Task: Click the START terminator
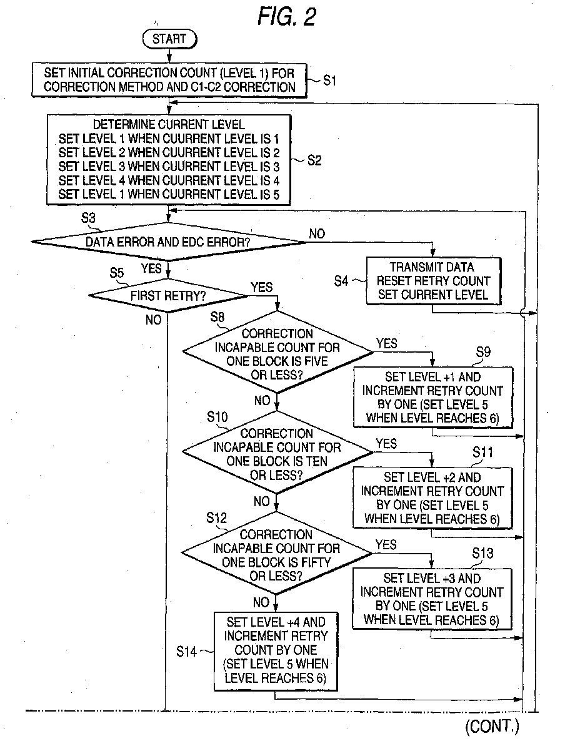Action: point(170,39)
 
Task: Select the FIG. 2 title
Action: point(287,16)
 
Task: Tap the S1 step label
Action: point(329,81)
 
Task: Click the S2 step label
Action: point(314,160)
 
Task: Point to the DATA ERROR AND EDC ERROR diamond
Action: point(168,242)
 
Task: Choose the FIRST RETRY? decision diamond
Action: point(168,295)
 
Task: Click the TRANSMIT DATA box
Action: point(433,281)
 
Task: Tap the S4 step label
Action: point(341,281)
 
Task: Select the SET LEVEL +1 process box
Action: point(432,398)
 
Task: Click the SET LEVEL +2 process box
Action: point(432,498)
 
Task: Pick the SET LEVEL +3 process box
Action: point(432,599)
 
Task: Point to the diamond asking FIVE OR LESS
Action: point(277,353)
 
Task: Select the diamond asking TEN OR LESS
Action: point(277,453)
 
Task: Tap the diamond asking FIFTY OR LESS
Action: point(276,554)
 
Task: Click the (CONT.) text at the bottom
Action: point(492,726)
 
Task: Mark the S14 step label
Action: point(186,652)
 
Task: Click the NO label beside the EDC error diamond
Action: point(317,233)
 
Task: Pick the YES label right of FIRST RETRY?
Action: point(262,287)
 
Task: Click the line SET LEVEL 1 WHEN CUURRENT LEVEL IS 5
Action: point(169,194)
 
